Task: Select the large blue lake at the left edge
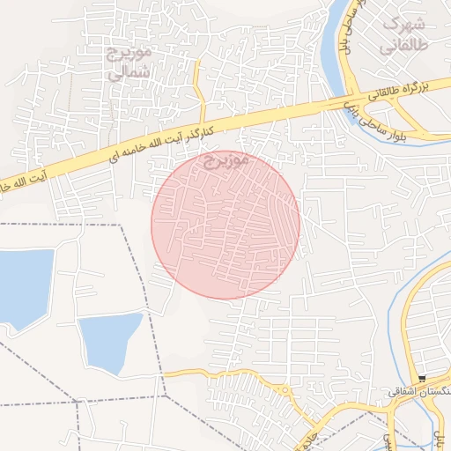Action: pyautogui.click(x=19, y=286)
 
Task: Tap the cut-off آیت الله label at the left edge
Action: pyautogui.click(x=26, y=176)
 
